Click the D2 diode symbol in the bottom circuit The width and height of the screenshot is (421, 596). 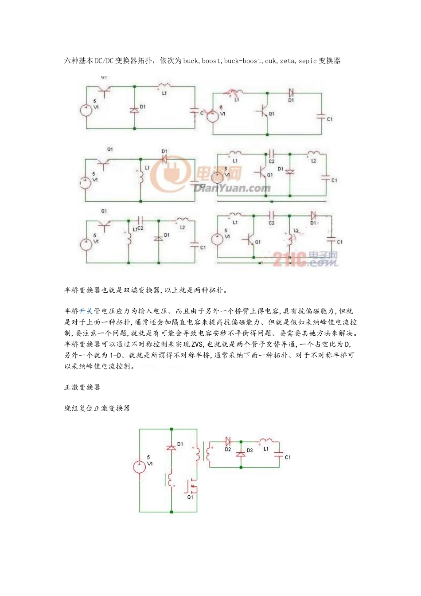(x=228, y=441)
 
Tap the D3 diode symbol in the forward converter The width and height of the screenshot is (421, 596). (x=241, y=454)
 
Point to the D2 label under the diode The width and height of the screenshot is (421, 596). (x=228, y=449)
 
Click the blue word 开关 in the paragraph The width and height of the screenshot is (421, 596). (x=86, y=311)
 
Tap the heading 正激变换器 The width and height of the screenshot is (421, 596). (x=82, y=387)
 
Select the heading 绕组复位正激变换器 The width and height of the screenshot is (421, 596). (x=97, y=408)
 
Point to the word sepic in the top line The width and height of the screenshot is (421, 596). (x=308, y=61)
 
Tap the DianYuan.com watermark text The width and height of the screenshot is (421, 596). (x=232, y=188)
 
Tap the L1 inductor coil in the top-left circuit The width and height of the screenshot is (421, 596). (x=164, y=86)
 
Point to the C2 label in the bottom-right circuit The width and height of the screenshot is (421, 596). (x=272, y=223)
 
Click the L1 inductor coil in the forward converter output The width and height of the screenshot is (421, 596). (x=266, y=441)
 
